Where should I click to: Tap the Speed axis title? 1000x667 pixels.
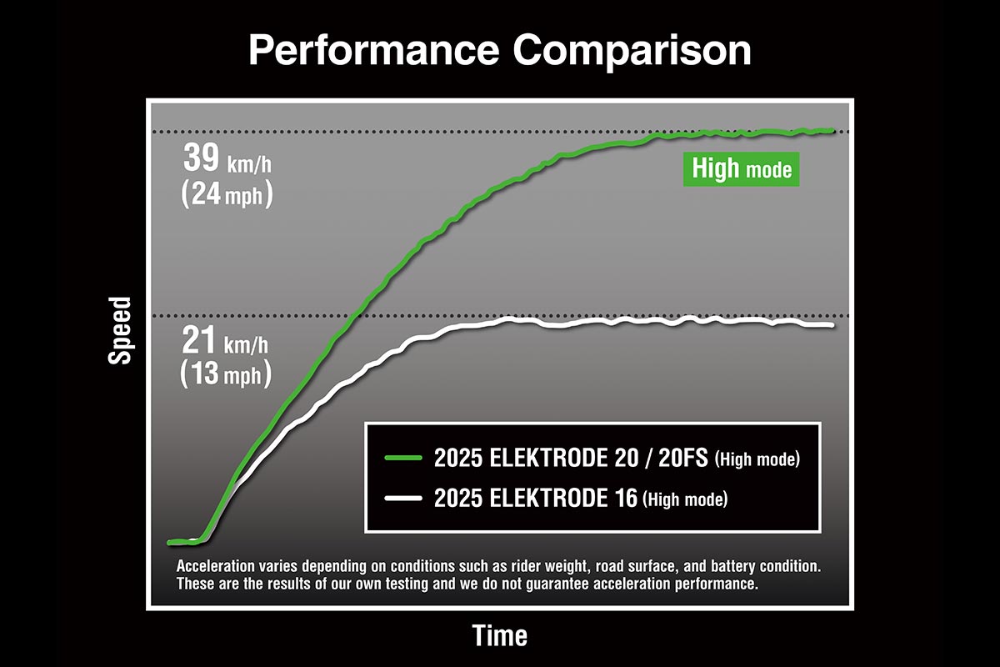point(120,330)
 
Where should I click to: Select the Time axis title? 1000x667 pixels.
point(500,636)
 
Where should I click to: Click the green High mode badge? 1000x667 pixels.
point(741,169)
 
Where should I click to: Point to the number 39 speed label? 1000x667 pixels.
point(201,158)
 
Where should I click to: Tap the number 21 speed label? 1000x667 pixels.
point(199,343)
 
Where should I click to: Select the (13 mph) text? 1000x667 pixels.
point(226,375)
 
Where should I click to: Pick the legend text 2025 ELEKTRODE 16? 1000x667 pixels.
point(536,499)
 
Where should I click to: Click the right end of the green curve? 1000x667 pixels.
point(832,130)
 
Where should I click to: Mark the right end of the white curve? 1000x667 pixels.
point(831,325)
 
